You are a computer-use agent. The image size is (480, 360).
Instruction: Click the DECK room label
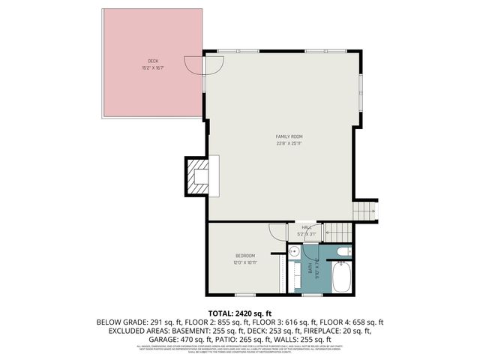click(x=153, y=61)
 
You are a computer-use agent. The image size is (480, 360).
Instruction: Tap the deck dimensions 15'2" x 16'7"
click(x=153, y=67)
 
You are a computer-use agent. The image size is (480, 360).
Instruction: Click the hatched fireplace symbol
click(x=199, y=175)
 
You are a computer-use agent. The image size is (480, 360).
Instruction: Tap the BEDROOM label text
click(x=245, y=256)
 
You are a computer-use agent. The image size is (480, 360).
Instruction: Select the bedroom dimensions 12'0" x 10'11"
click(x=245, y=262)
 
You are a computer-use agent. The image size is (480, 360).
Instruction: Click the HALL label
click(x=307, y=227)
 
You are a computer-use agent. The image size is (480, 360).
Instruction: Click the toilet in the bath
click(x=343, y=251)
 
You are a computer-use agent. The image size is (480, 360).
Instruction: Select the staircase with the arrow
click(x=365, y=212)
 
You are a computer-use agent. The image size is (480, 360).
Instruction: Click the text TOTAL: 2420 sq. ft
click(x=239, y=313)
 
